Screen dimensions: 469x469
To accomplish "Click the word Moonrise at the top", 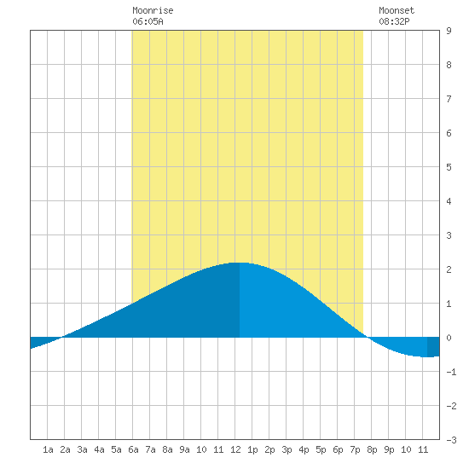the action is [x=153, y=10].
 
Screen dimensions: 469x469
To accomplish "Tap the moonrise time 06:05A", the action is [x=148, y=21].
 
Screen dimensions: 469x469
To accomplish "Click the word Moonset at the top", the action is [x=397, y=10].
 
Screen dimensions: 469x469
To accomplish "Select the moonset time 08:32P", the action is [x=394, y=21].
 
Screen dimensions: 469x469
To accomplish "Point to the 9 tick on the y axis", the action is [x=449, y=31].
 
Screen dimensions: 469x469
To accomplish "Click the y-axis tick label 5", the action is [x=449, y=167].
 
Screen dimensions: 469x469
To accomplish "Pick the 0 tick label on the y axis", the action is [x=449, y=338].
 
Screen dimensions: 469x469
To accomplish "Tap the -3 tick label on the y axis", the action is [x=451, y=440].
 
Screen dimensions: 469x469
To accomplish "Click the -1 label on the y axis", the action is [x=451, y=372].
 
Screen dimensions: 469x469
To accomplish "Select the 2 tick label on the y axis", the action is [x=449, y=269].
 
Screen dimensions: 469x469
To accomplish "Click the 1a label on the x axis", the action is [x=48, y=449].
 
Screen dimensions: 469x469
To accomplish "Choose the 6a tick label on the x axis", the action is [x=133, y=449].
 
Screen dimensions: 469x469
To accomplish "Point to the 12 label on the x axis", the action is [x=235, y=449].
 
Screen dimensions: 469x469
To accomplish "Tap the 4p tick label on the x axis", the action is [x=304, y=449].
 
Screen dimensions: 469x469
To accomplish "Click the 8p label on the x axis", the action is [x=372, y=449].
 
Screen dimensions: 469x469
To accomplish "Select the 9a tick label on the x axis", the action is [x=184, y=449].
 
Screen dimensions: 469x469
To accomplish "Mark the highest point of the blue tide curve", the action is [x=240, y=263].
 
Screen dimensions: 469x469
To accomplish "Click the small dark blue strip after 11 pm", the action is [x=433, y=347].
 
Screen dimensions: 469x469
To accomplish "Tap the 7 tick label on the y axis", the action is [x=449, y=99].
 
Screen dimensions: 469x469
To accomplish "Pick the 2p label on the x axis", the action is [x=269, y=449].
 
